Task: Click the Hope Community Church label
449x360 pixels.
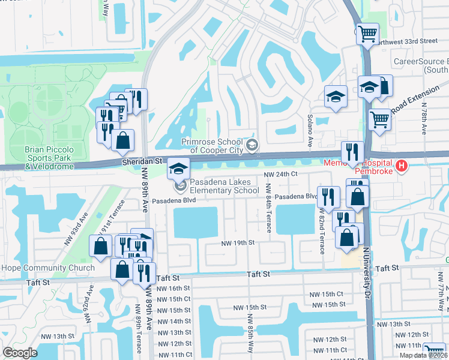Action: (47, 268)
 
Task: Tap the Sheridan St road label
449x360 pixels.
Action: (142, 161)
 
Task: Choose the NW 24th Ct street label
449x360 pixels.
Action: (282, 175)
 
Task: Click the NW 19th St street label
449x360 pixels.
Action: (238, 243)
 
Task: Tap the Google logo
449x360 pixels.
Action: (20, 353)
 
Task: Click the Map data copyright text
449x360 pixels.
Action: (423, 355)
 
